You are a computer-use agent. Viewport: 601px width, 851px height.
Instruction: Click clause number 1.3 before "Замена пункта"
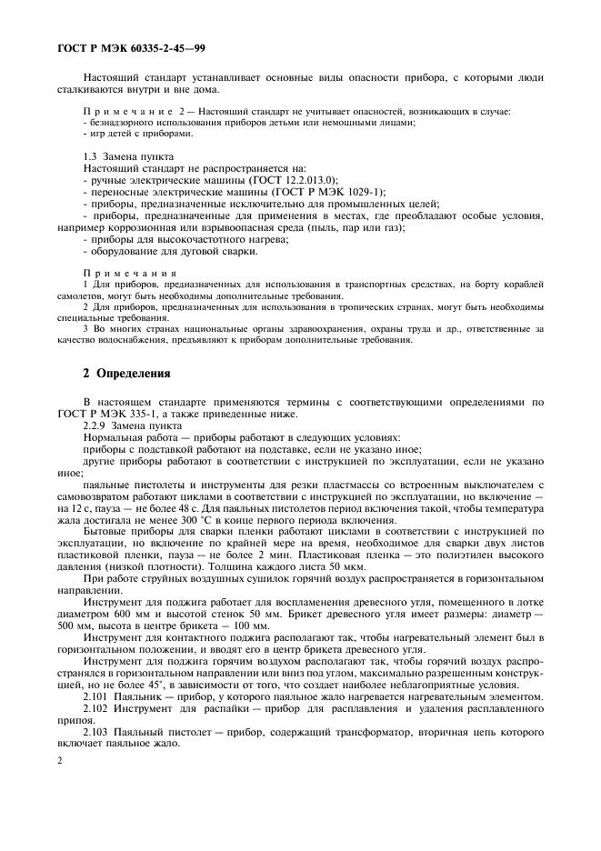tap(91, 157)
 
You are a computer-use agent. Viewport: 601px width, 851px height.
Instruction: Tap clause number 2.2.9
tap(95, 425)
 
